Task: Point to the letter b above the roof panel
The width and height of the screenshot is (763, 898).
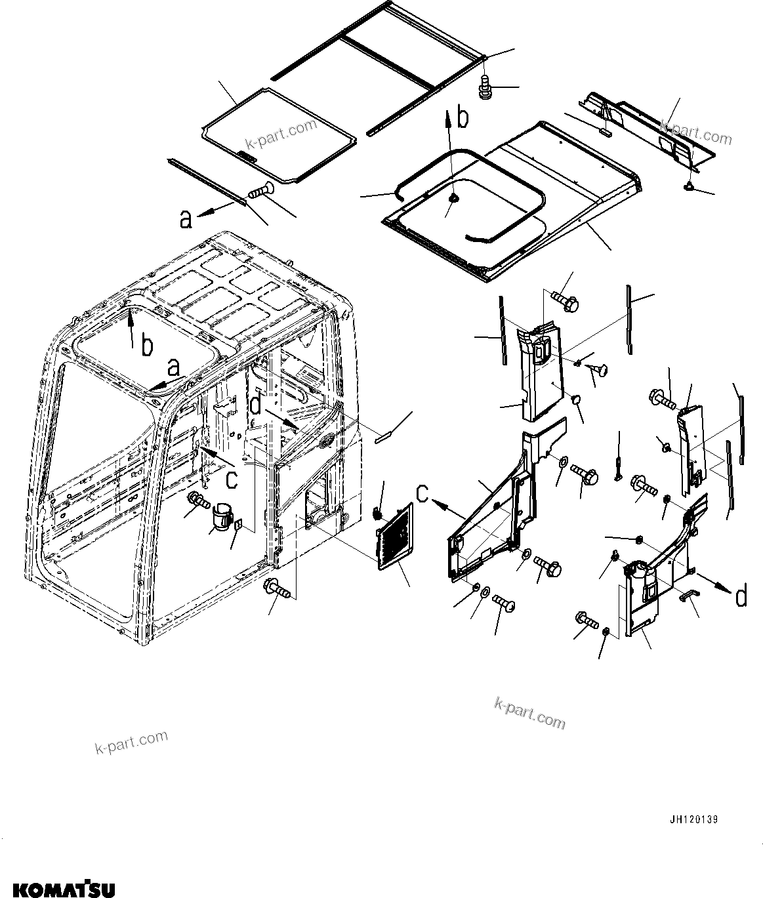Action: [463, 117]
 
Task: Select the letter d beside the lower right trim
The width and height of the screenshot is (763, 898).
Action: [740, 597]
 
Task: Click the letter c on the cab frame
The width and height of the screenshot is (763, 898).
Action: [232, 480]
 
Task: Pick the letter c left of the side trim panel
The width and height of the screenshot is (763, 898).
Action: [423, 493]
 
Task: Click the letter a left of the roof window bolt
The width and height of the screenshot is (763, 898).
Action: [186, 219]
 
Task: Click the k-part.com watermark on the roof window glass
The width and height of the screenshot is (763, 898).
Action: [281, 134]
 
